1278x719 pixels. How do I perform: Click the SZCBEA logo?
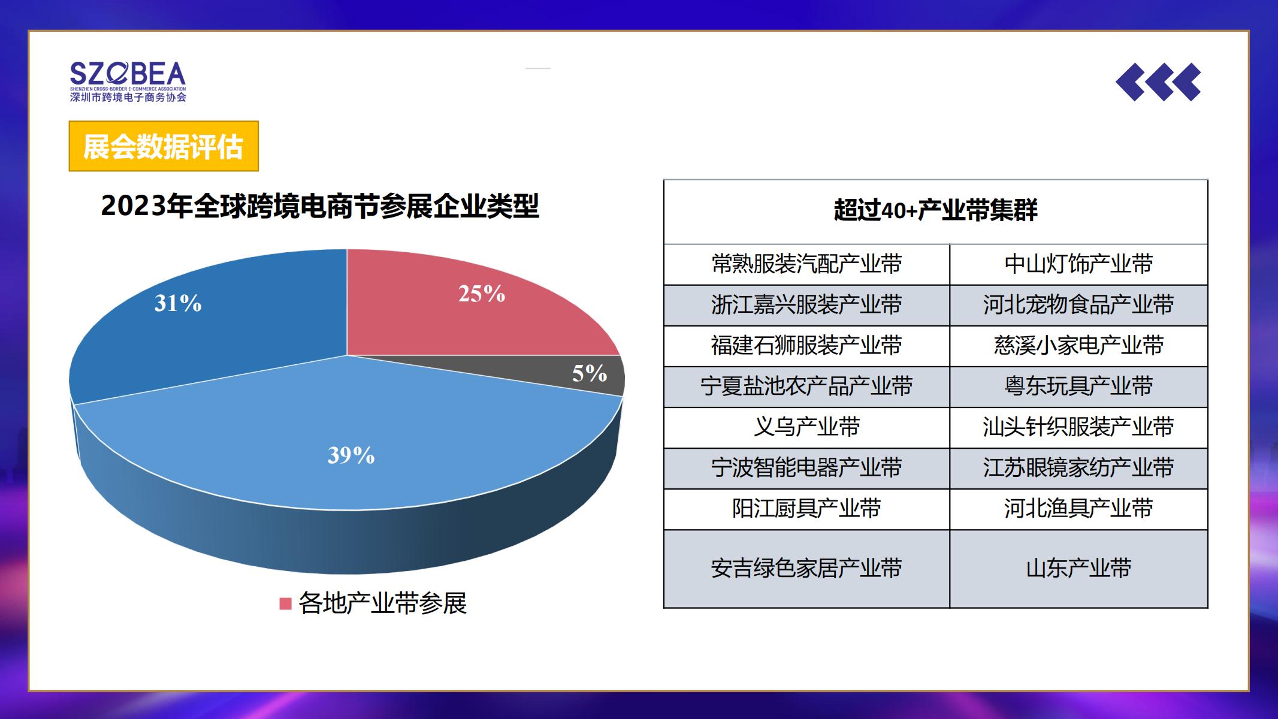[128, 81]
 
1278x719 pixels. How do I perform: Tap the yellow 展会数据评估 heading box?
[164, 146]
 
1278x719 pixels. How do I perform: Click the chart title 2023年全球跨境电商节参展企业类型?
[320, 206]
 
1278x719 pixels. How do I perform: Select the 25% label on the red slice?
[482, 294]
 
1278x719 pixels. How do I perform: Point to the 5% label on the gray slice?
[590, 373]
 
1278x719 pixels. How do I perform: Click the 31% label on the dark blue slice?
[178, 303]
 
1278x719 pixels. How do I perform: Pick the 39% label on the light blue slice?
[351, 455]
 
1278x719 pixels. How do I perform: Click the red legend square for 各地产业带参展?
[285, 603]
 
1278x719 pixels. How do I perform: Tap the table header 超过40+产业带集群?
[935, 210]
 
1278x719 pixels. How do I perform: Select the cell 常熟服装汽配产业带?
[806, 264]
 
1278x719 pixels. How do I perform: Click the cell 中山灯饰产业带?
[1078, 264]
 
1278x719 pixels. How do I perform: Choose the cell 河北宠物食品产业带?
[1078, 305]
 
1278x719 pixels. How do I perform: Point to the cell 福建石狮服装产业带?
[806, 346]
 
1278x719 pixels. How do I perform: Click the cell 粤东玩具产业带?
[1078, 386]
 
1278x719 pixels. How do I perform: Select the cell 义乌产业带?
[806, 427]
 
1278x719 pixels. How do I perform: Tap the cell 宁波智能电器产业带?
[806, 468]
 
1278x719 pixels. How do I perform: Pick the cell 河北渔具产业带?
[1078, 509]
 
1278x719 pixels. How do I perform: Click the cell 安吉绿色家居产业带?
[806, 568]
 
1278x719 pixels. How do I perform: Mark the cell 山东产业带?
[1078, 568]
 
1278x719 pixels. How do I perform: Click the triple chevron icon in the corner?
[1158, 81]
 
